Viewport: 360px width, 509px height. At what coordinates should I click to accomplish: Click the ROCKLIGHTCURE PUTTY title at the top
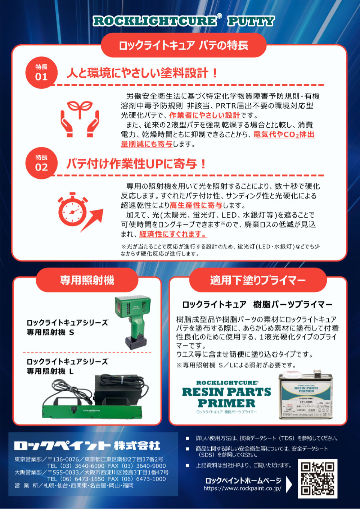pos(184,21)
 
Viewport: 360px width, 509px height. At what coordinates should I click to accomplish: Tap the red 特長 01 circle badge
pos(41,73)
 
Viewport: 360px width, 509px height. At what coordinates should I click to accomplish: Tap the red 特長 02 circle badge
pos(41,163)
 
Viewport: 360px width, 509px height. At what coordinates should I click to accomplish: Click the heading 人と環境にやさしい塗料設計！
pos(143,73)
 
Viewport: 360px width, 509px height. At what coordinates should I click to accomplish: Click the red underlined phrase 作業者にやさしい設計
pos(204,115)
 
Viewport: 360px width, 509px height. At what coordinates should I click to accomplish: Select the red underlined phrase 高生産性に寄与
pos(196,205)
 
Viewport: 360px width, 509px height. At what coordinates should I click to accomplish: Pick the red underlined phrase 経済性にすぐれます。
pos(173,234)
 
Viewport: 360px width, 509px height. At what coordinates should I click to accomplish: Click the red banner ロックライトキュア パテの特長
pos(184,45)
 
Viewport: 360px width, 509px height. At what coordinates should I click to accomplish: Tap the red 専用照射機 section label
pos(87,280)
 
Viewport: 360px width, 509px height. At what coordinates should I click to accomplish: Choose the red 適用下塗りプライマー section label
pos(258,280)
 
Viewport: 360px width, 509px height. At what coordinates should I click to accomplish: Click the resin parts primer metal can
pos(306,396)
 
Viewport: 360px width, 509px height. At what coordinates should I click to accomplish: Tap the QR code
pos(318,479)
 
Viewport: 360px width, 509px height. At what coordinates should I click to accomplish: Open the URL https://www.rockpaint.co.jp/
pos(242,488)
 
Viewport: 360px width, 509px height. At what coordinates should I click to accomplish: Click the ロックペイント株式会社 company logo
pos(87,446)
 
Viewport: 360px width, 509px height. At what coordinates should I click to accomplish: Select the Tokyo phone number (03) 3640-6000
pos(76,465)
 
